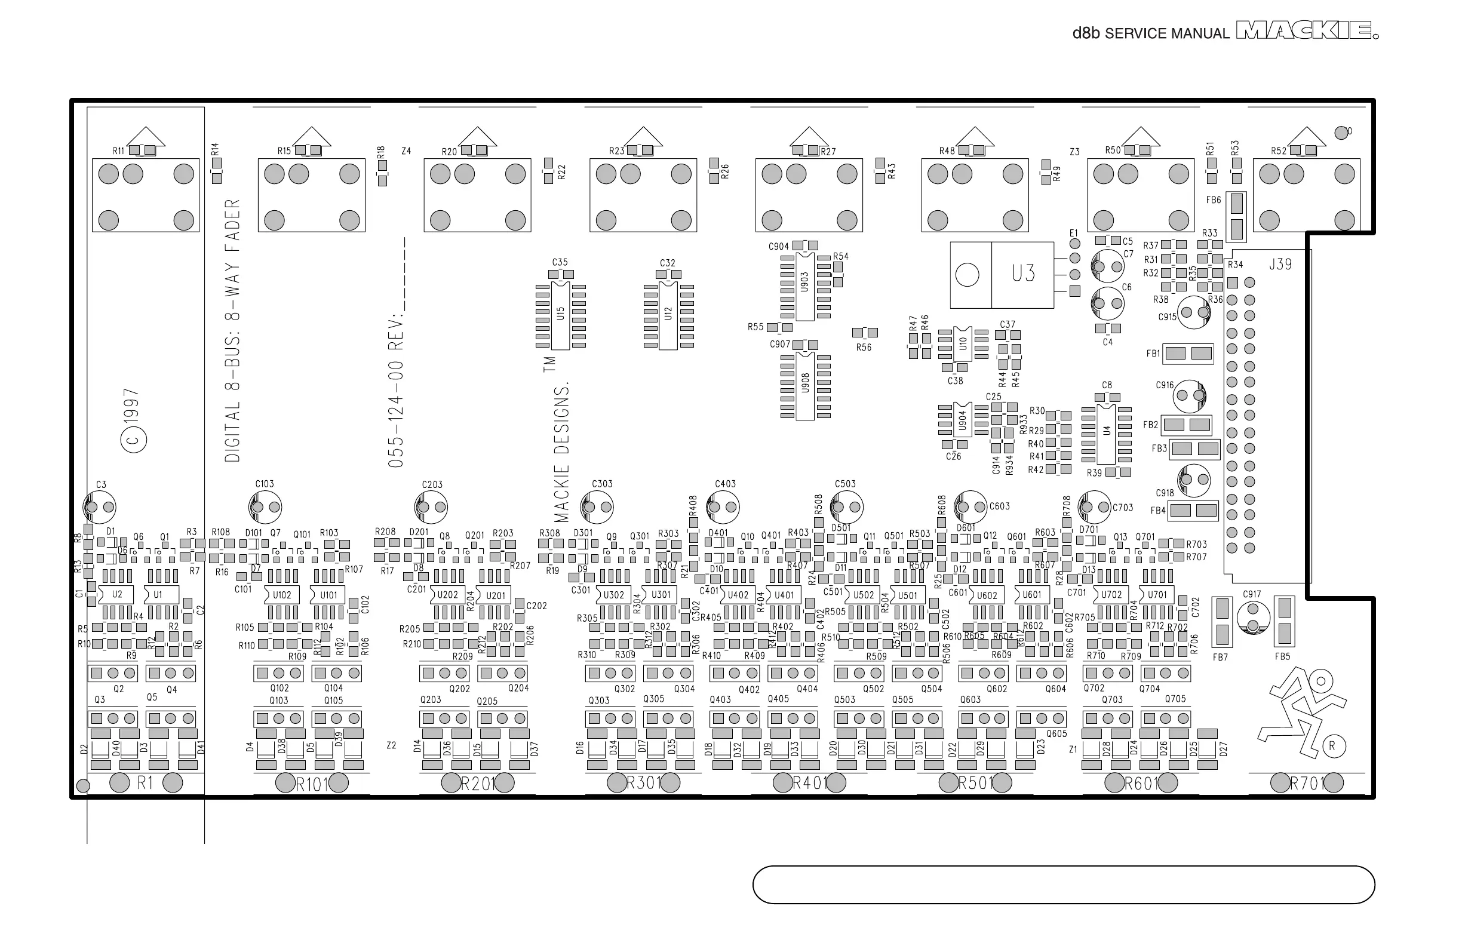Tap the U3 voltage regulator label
click(x=1023, y=274)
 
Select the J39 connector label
click(x=1280, y=265)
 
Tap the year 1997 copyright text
click(x=131, y=406)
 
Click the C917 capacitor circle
click(x=1252, y=618)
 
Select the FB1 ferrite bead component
click(x=1188, y=353)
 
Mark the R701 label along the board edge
click(x=1307, y=783)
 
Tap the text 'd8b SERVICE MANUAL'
click(x=1151, y=33)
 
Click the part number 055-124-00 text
click(x=396, y=414)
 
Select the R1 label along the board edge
click(x=145, y=782)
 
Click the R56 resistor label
click(x=864, y=348)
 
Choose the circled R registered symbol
click(x=1332, y=747)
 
